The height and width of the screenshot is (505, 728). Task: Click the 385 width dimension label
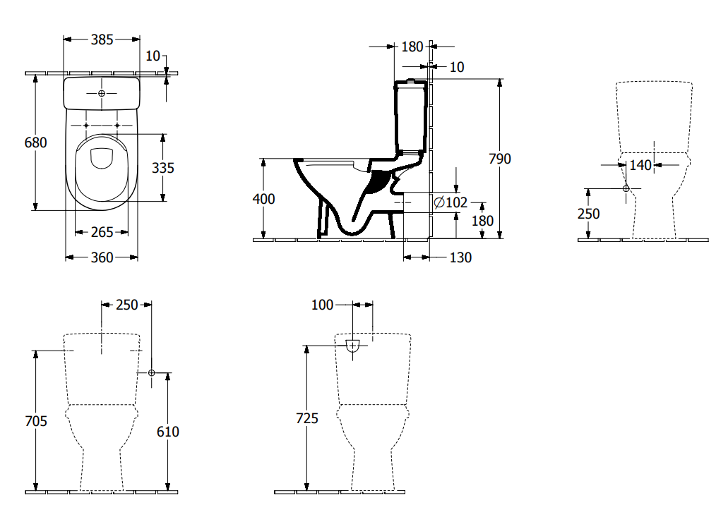click(x=102, y=39)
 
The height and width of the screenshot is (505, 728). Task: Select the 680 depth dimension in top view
click(x=35, y=142)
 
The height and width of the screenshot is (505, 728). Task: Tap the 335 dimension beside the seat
click(x=162, y=168)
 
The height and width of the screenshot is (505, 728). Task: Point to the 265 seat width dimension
click(x=102, y=232)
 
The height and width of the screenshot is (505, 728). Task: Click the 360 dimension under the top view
click(x=102, y=257)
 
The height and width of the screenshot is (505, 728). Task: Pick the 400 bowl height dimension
click(x=263, y=199)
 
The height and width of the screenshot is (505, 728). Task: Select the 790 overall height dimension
click(x=500, y=159)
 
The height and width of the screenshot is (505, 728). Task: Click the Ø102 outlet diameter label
click(x=450, y=202)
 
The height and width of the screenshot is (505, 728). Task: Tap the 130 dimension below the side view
click(x=460, y=257)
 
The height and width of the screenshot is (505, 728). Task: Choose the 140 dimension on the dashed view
click(x=640, y=164)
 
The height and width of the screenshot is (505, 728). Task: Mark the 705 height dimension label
click(x=35, y=421)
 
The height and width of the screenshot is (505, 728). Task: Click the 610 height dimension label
click(x=167, y=431)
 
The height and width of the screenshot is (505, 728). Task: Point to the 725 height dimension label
click(x=306, y=418)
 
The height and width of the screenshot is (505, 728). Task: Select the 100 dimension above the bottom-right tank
click(x=321, y=305)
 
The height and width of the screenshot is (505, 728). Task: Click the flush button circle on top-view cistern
click(x=101, y=93)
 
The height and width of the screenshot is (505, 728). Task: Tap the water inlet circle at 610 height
click(x=151, y=373)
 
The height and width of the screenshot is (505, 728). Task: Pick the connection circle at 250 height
click(x=626, y=188)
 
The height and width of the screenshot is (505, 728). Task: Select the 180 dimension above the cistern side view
click(x=412, y=47)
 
